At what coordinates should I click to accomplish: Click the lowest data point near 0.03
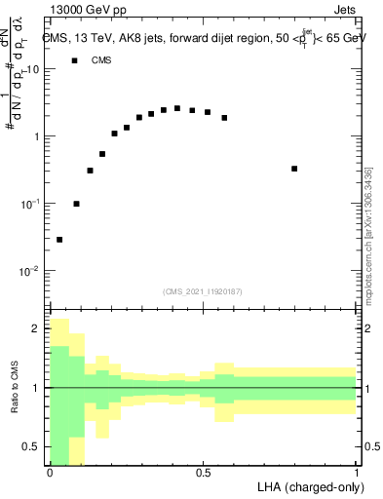[x=59, y=239]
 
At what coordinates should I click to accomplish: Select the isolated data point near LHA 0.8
[x=294, y=169]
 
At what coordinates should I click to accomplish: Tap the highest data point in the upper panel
[x=176, y=108]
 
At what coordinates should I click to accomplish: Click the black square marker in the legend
[x=74, y=60]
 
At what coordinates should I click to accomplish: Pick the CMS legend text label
[x=101, y=60]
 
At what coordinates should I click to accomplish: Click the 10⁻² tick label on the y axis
[x=31, y=271]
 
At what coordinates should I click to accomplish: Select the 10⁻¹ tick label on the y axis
[x=31, y=204]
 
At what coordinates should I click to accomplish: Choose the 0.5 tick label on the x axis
[x=203, y=473]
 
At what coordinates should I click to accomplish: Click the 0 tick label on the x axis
[x=50, y=473]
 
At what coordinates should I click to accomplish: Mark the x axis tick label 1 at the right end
[x=356, y=473]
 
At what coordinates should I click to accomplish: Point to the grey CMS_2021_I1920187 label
[x=203, y=289]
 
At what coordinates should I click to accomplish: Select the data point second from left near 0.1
[x=76, y=204]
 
